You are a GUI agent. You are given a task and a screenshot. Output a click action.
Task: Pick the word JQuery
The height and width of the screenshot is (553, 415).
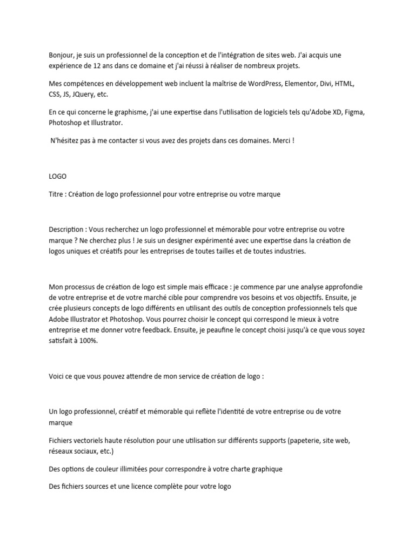[84, 95]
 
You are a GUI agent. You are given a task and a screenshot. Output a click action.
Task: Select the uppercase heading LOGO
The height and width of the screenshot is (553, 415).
[57, 176]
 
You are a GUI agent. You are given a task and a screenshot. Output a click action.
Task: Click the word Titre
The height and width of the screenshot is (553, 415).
[57, 194]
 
